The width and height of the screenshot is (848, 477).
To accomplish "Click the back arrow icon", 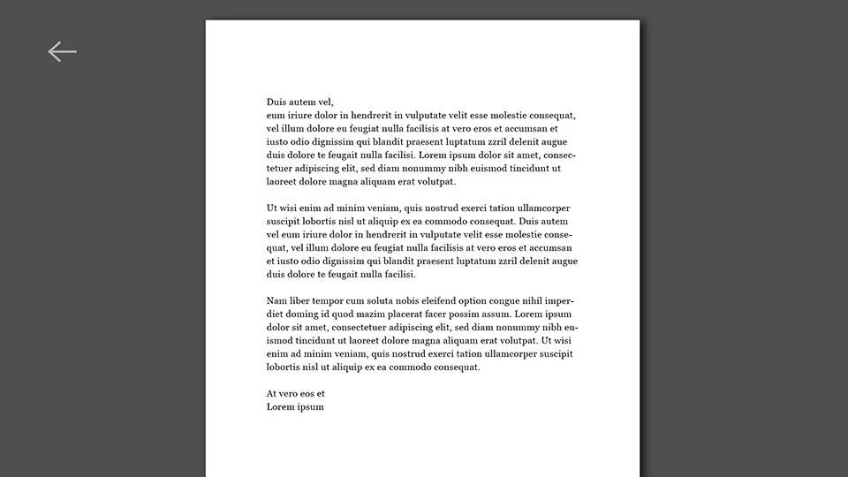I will [62, 52].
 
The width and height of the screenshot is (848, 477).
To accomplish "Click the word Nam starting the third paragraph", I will [276, 300].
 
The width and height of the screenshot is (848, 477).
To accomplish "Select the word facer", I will [458, 314].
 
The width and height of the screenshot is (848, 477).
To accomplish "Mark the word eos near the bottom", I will [307, 393].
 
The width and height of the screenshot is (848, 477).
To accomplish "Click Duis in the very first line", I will [277, 102].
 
